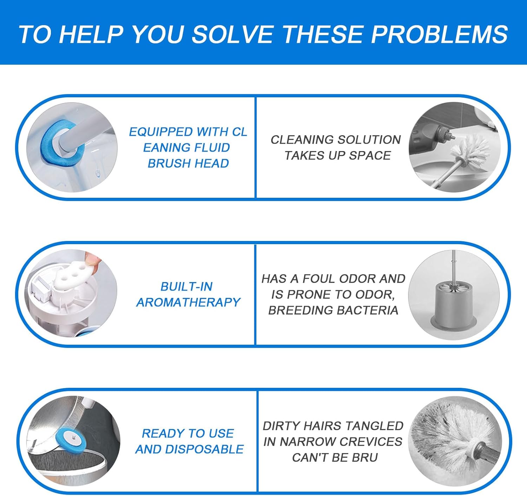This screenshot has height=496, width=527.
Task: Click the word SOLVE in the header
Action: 232,34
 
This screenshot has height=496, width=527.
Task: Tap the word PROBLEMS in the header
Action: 439,34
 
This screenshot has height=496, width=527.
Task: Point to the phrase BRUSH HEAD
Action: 188,163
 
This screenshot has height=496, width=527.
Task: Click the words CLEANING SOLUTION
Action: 336,140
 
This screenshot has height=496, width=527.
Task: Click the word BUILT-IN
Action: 187,287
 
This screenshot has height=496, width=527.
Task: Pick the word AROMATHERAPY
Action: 188,302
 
